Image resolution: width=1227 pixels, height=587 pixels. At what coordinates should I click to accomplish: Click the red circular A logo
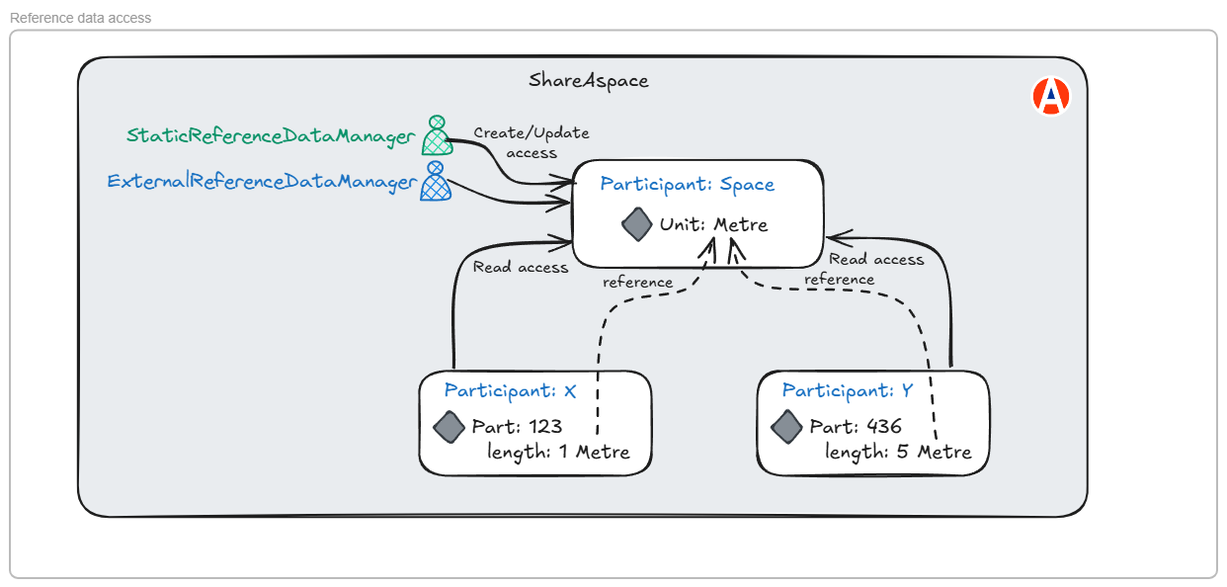tap(1051, 96)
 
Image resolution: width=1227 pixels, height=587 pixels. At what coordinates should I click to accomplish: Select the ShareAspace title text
tap(589, 80)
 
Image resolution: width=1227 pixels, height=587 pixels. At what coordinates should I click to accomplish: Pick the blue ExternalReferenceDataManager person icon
tap(435, 182)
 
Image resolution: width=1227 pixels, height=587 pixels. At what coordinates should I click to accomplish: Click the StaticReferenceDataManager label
tap(271, 137)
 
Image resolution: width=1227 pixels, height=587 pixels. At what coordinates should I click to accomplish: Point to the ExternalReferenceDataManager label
tap(261, 182)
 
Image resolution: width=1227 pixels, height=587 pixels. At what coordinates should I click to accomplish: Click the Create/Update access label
tap(532, 142)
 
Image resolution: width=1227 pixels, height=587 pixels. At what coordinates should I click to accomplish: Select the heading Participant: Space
tap(687, 184)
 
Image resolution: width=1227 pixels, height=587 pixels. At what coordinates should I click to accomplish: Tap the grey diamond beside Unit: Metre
tap(637, 223)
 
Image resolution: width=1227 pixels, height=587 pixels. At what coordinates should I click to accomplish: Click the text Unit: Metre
tap(713, 225)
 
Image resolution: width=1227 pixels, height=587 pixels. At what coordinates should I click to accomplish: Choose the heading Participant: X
tap(510, 391)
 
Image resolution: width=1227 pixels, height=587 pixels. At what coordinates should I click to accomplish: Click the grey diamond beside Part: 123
tap(449, 427)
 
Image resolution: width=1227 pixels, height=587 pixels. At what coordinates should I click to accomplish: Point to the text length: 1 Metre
tap(558, 453)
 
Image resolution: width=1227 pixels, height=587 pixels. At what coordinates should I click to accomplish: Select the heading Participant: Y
tap(848, 391)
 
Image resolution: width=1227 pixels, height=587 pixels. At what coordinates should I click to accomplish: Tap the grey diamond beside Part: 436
tap(786, 427)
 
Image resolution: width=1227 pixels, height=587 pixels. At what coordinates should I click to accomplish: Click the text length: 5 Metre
tap(898, 453)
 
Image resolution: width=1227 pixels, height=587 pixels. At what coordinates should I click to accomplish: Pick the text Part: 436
tap(856, 427)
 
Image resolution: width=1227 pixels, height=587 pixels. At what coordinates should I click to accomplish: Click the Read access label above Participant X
tap(521, 267)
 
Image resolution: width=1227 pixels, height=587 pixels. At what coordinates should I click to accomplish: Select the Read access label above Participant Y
tap(876, 259)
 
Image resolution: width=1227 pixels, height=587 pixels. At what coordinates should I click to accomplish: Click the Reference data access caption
tap(81, 18)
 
